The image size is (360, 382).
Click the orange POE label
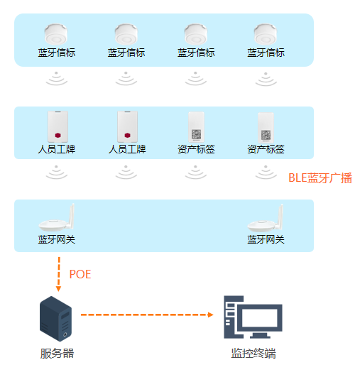point(80,274)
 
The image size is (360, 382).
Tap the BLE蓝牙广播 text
point(320,178)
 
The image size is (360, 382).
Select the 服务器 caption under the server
point(57,353)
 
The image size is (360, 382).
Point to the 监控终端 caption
point(253,353)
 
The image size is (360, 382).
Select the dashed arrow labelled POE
point(58,273)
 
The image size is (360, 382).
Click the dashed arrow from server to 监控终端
point(146,314)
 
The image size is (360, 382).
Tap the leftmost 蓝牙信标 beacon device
point(56,34)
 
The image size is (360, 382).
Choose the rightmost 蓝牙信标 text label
point(266,53)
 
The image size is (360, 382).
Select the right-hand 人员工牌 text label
point(126,150)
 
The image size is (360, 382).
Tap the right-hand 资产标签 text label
point(266,150)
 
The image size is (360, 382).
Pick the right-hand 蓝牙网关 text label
point(266,240)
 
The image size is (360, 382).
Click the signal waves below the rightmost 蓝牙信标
point(266,78)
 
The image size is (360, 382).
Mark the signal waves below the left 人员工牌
point(57,171)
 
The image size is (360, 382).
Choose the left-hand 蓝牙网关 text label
point(57,240)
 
